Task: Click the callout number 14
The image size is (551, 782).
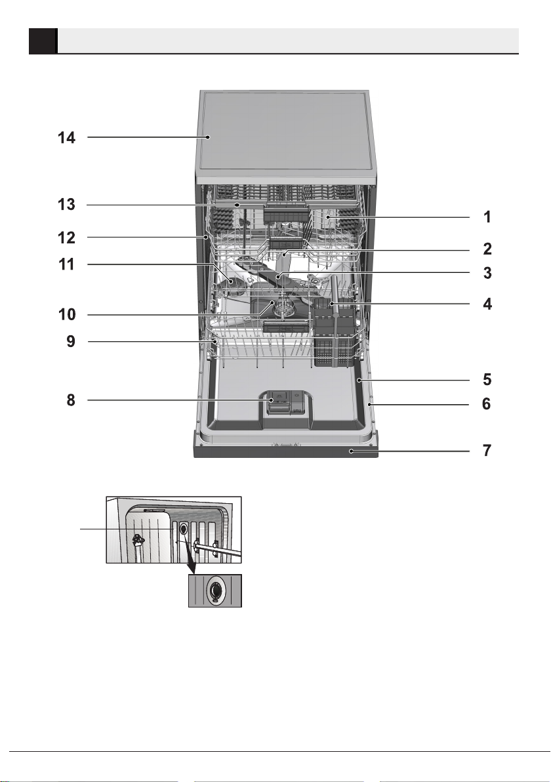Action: [67, 137]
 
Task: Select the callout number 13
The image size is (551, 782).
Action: [67, 205]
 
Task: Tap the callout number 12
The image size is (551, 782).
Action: [67, 237]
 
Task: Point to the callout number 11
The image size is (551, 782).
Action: [67, 264]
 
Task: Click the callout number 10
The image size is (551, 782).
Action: [67, 315]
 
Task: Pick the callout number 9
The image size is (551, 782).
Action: [71, 342]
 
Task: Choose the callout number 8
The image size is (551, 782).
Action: [71, 400]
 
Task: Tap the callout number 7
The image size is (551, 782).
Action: [487, 451]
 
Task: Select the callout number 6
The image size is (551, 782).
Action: [487, 404]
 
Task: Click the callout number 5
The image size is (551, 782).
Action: [487, 380]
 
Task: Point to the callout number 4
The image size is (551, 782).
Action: [487, 304]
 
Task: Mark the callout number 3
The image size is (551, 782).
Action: [487, 274]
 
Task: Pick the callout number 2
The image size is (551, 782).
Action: [487, 249]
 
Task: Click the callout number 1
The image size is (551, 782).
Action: [487, 217]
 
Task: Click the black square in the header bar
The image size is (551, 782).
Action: [42, 41]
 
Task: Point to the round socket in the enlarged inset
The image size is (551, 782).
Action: [215, 590]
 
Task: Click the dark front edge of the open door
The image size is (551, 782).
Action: [286, 451]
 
